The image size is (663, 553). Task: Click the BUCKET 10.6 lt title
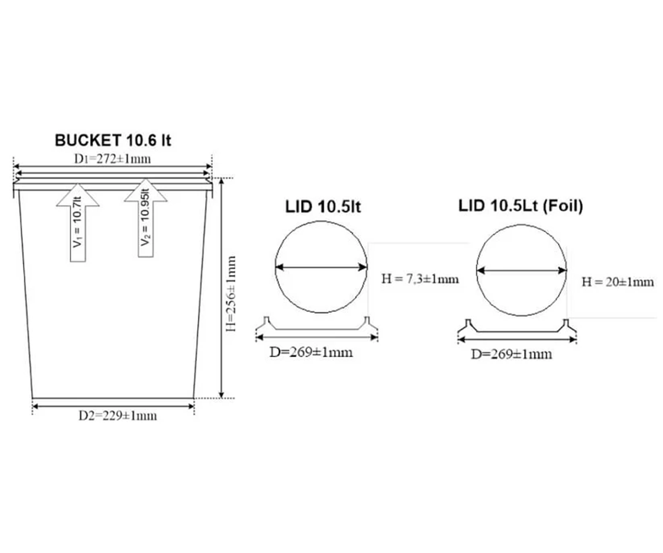[113, 140]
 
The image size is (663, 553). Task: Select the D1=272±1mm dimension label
[112, 159]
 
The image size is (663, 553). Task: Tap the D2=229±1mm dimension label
[118, 416]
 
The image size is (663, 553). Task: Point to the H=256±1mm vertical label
[231, 294]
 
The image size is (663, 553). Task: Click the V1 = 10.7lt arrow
[78, 222]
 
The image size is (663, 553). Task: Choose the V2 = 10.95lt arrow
[146, 218]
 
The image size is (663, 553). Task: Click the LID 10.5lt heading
[323, 207]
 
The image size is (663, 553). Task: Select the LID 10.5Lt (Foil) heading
[521, 206]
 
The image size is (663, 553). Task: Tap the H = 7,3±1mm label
[420, 279]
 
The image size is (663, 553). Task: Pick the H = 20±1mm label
[618, 282]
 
